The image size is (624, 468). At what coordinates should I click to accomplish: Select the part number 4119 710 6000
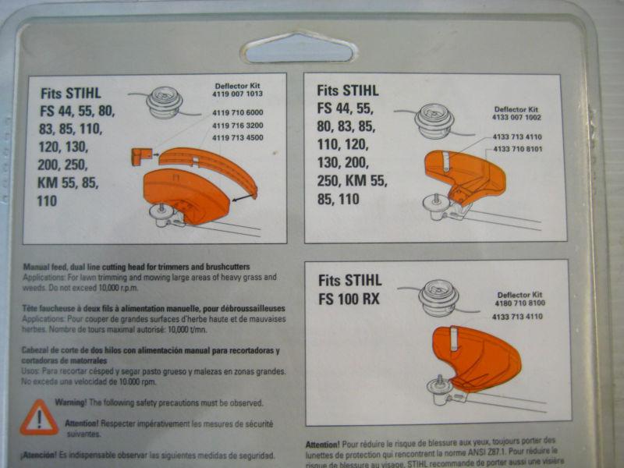237,113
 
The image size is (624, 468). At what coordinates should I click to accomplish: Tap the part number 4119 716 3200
237,125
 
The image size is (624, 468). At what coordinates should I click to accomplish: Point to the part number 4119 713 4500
237,137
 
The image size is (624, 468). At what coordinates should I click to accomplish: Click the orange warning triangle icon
38,419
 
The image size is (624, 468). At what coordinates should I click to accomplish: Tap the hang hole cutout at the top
300,48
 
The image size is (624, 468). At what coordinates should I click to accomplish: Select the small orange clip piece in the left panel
141,157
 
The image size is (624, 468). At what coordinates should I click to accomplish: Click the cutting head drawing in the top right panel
435,119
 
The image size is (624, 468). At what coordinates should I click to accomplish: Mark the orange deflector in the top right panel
463,175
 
